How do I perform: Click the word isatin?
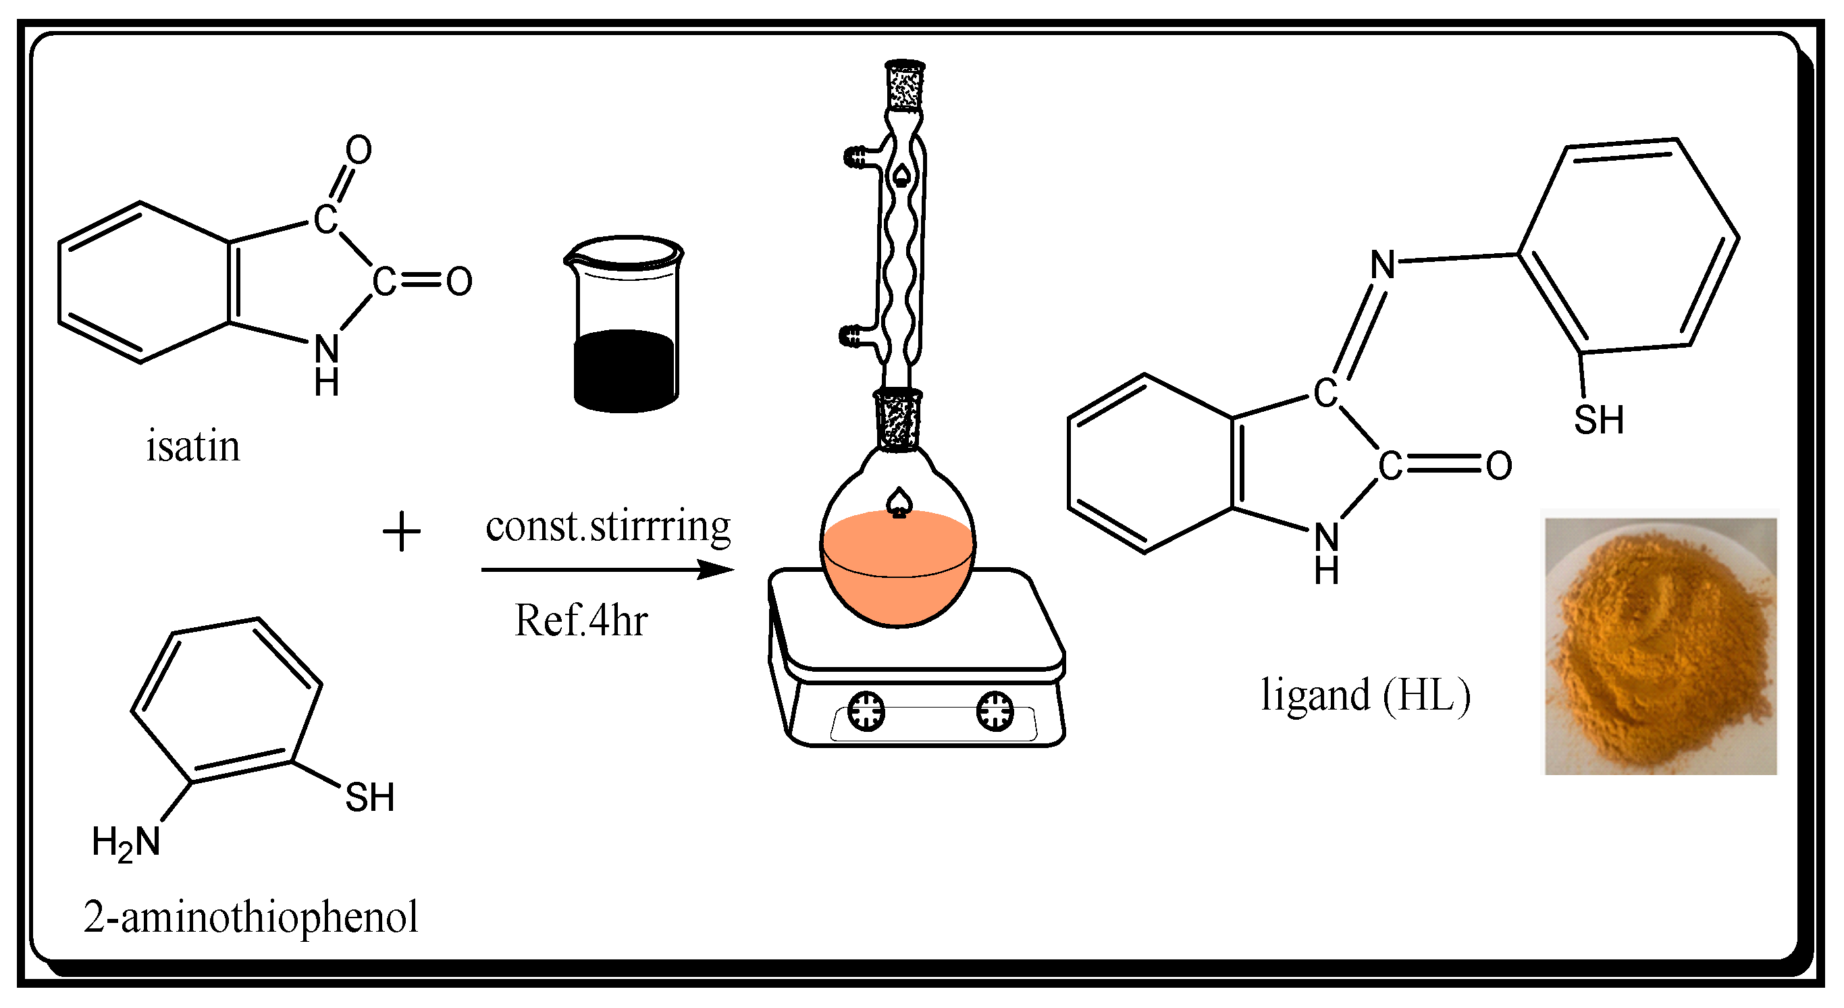click(193, 447)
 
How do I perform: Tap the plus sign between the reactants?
click(402, 532)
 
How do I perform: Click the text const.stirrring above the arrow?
click(608, 526)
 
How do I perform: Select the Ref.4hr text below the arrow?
click(581, 620)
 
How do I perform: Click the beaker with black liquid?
click(625, 325)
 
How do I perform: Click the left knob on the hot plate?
click(866, 711)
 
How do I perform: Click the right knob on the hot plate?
click(995, 711)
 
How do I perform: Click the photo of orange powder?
click(1659, 644)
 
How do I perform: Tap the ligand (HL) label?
click(1365, 695)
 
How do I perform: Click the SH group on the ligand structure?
click(1598, 419)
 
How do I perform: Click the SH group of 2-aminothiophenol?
click(369, 797)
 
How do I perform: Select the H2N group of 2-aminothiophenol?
click(126, 842)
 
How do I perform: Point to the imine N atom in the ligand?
click(1382, 265)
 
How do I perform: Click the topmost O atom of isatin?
click(359, 151)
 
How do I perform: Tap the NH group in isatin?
click(326, 364)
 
